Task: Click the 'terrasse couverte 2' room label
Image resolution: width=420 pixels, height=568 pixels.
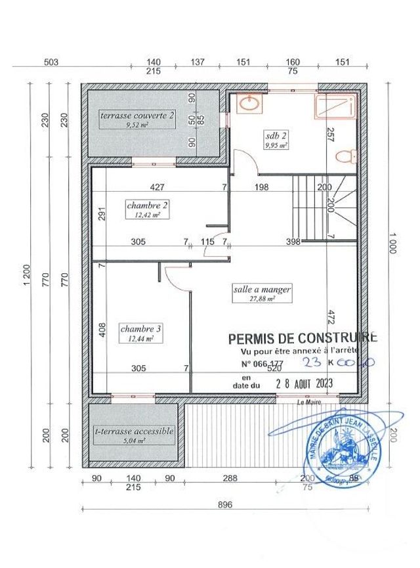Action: [137, 115]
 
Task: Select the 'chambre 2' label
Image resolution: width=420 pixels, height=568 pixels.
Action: [147, 204]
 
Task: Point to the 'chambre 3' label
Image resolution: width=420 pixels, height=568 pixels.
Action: [140, 328]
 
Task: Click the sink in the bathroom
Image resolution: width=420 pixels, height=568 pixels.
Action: [249, 103]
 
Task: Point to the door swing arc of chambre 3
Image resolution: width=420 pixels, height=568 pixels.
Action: [177, 279]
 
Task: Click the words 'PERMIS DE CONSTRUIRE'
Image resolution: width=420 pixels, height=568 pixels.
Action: [303, 338]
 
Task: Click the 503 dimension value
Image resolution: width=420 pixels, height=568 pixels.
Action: [51, 62]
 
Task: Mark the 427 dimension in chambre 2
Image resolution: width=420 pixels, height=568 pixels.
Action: [157, 187]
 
